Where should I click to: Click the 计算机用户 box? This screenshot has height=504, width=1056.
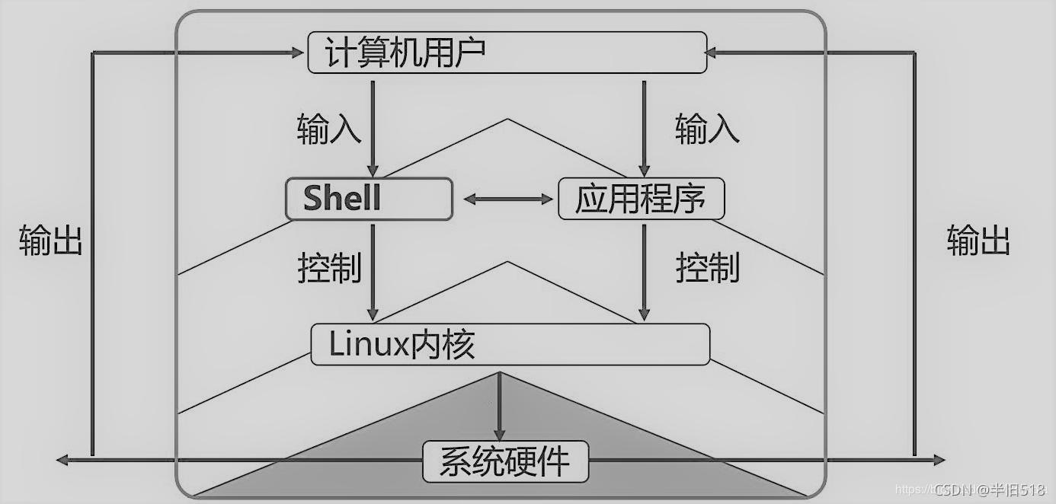[507, 53]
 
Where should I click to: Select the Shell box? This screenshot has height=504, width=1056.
[369, 199]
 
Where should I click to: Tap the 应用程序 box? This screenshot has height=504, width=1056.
[641, 199]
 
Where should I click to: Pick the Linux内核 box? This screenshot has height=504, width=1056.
[510, 345]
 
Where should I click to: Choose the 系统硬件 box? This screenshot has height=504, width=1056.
[505, 461]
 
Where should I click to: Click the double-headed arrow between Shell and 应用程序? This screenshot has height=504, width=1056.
[507, 199]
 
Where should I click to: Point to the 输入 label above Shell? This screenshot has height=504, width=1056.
[328, 130]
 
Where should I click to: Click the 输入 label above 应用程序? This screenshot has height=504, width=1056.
[707, 130]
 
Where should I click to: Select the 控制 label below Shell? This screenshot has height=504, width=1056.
[328, 268]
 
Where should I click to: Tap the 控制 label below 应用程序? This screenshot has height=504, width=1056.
[707, 268]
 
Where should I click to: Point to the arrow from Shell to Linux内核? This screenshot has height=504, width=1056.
[373, 270]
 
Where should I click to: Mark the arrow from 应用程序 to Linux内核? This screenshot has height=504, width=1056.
[644, 270]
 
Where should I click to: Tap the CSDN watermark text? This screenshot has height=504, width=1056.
[988, 490]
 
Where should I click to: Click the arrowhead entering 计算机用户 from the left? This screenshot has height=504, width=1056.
[296, 53]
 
